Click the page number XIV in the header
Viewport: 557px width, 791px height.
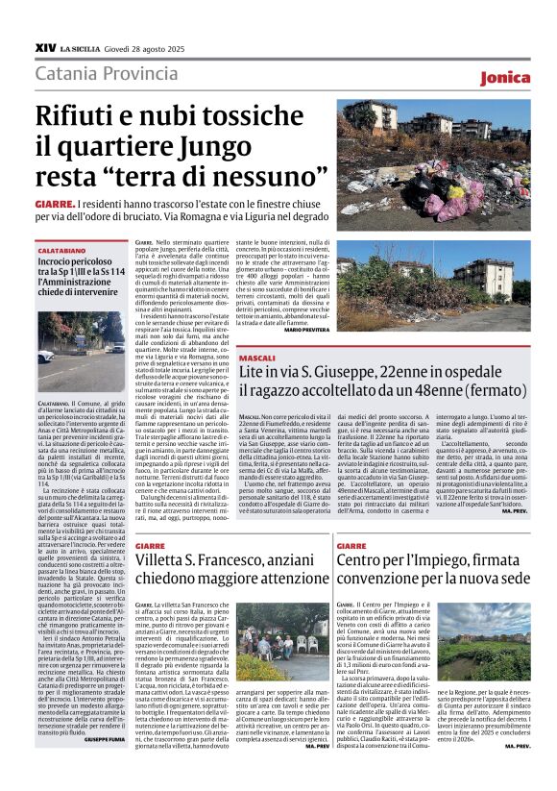(x=45, y=46)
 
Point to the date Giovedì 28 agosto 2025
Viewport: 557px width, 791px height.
(x=151, y=47)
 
